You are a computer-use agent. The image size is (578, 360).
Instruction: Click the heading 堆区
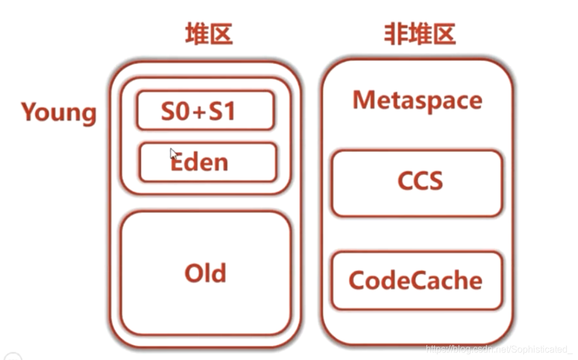[x=209, y=34]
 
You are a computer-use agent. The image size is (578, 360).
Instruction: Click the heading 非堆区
[x=419, y=34]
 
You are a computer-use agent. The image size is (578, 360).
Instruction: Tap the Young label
[x=59, y=112]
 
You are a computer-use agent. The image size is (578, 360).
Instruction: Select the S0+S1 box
[x=205, y=110]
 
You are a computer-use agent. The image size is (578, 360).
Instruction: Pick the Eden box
[x=208, y=162]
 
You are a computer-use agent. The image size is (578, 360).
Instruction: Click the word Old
[x=205, y=273]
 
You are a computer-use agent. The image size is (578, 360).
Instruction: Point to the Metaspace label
[x=418, y=100]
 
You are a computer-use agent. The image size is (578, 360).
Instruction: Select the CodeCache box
[x=416, y=281]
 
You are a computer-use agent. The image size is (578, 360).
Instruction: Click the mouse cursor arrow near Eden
[x=173, y=153]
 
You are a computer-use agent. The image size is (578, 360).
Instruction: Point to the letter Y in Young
[x=30, y=111]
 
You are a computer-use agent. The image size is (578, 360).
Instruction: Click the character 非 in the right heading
[x=395, y=34]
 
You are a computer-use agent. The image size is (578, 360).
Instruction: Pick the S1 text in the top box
[x=222, y=111]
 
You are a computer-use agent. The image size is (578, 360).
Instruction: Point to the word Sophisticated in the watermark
[x=541, y=349]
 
